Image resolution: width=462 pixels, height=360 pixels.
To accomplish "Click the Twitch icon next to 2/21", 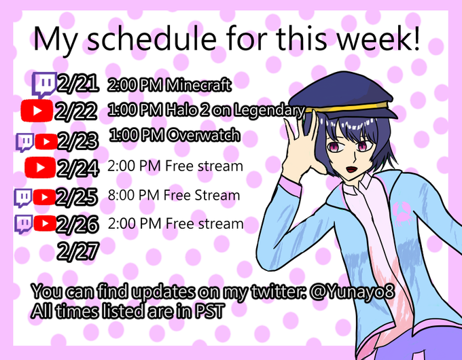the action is click(44, 85).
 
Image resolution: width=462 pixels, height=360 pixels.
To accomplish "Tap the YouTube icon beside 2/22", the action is click(37, 111).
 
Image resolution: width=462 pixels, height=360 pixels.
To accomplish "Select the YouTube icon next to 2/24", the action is click(40, 167).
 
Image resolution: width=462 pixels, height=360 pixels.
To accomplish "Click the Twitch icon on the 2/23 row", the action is click(24, 142).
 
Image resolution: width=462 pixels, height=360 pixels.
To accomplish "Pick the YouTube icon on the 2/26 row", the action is click(45, 223).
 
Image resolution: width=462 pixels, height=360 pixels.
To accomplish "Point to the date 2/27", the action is click(77, 251).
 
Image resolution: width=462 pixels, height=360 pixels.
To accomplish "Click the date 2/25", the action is click(77, 196).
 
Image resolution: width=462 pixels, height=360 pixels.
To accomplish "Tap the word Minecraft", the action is click(198, 86).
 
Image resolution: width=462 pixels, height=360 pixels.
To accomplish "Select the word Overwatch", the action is click(204, 136).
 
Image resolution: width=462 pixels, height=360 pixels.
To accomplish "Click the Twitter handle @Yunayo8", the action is click(352, 292).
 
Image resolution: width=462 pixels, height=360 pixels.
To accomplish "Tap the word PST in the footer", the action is click(209, 311).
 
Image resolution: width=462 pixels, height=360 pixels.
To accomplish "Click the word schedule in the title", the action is click(152, 39).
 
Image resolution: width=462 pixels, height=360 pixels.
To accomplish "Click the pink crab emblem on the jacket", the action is click(402, 213).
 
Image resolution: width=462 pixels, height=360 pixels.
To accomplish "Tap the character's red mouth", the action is click(351, 169).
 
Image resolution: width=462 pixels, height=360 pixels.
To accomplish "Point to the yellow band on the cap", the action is click(348, 107).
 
